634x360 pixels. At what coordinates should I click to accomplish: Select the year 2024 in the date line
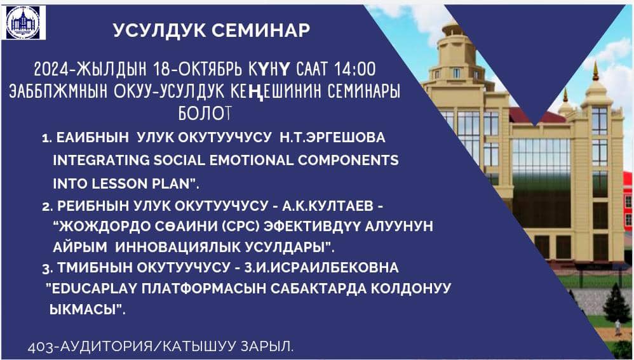46,69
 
